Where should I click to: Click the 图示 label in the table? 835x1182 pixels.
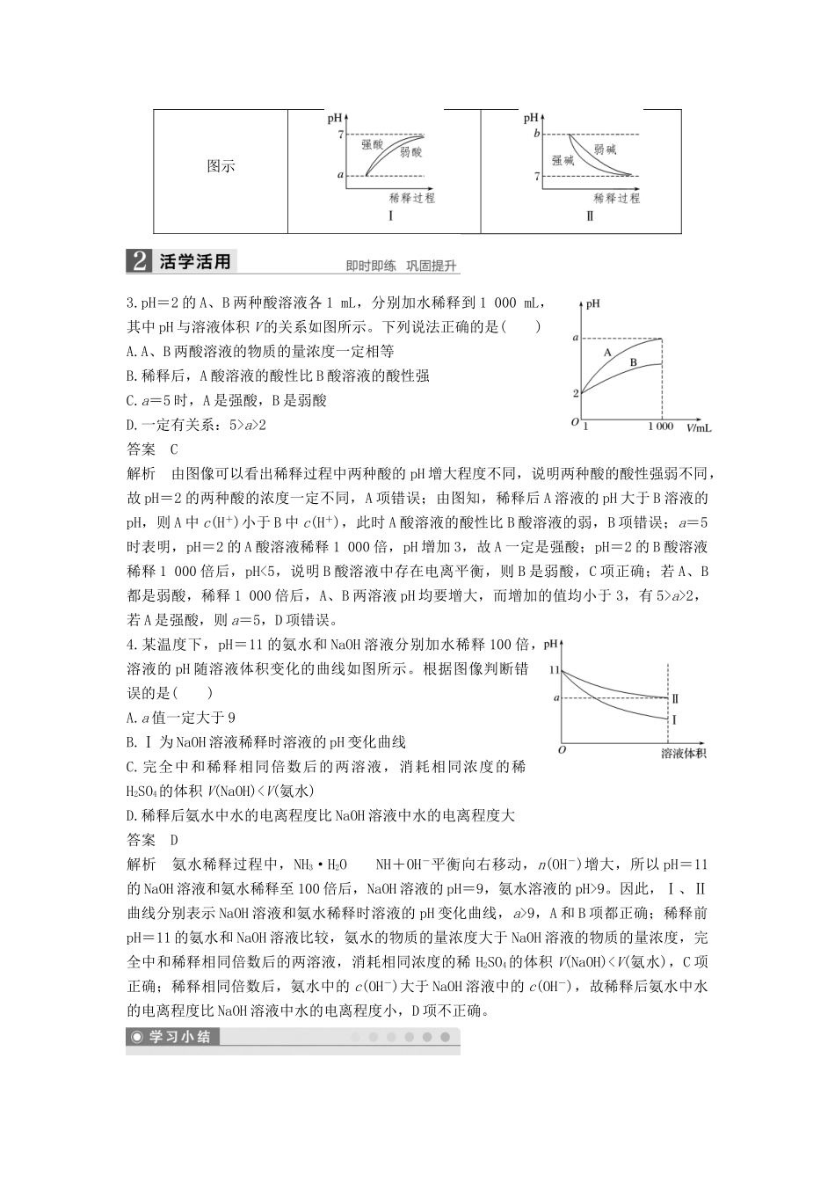tap(221, 167)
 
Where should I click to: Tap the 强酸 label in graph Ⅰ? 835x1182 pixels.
tap(373, 143)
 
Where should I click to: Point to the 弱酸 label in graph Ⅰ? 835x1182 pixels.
tap(410, 153)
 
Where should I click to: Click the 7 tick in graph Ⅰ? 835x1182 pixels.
tap(339, 134)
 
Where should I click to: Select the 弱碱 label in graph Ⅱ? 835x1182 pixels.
tap(605, 150)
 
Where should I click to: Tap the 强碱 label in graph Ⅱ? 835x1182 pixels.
tap(563, 160)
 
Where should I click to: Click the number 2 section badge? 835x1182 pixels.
tap(138, 261)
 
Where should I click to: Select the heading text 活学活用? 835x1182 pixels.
tap(195, 261)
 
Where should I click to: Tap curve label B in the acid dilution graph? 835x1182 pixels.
tap(633, 362)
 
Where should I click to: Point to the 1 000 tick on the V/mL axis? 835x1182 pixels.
tap(661, 427)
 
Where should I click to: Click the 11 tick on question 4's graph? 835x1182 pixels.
tap(554, 670)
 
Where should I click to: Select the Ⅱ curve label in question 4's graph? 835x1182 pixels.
tap(675, 698)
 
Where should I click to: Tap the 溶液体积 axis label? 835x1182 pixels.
tap(684, 753)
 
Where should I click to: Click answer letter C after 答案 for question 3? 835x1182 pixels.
tap(173, 449)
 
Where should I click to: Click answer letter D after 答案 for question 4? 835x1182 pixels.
tap(173, 839)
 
